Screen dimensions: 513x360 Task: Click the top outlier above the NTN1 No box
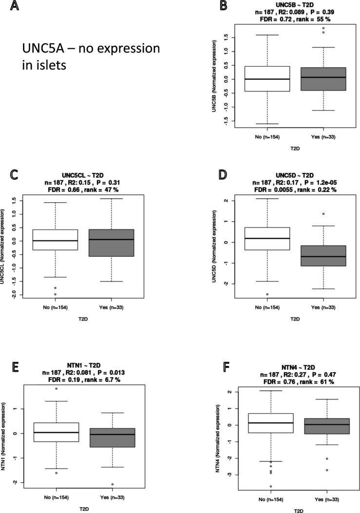coord(56,389)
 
